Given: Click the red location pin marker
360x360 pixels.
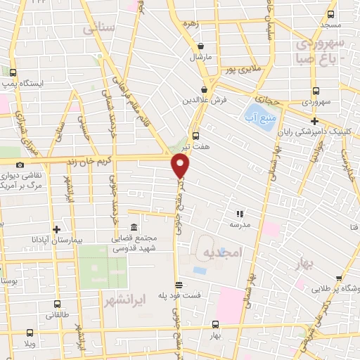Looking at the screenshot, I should point(181,166).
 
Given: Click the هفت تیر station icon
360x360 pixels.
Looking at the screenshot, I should point(195,136).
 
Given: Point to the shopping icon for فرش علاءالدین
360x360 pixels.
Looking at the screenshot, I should point(204,90).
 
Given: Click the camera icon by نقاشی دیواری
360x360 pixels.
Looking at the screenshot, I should point(19,165).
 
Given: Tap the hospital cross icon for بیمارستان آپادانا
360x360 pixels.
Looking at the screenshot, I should point(57,229).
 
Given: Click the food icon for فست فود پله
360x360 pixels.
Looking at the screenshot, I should point(179,285).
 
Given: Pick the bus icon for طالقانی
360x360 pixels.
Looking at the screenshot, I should point(57,304).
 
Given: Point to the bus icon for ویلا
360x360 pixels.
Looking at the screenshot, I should point(29,333).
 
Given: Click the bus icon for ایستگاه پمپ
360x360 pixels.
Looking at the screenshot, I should point(13,72).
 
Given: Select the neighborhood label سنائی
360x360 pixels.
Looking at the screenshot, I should point(98,29).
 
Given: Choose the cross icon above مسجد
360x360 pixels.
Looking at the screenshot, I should point(333,13).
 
